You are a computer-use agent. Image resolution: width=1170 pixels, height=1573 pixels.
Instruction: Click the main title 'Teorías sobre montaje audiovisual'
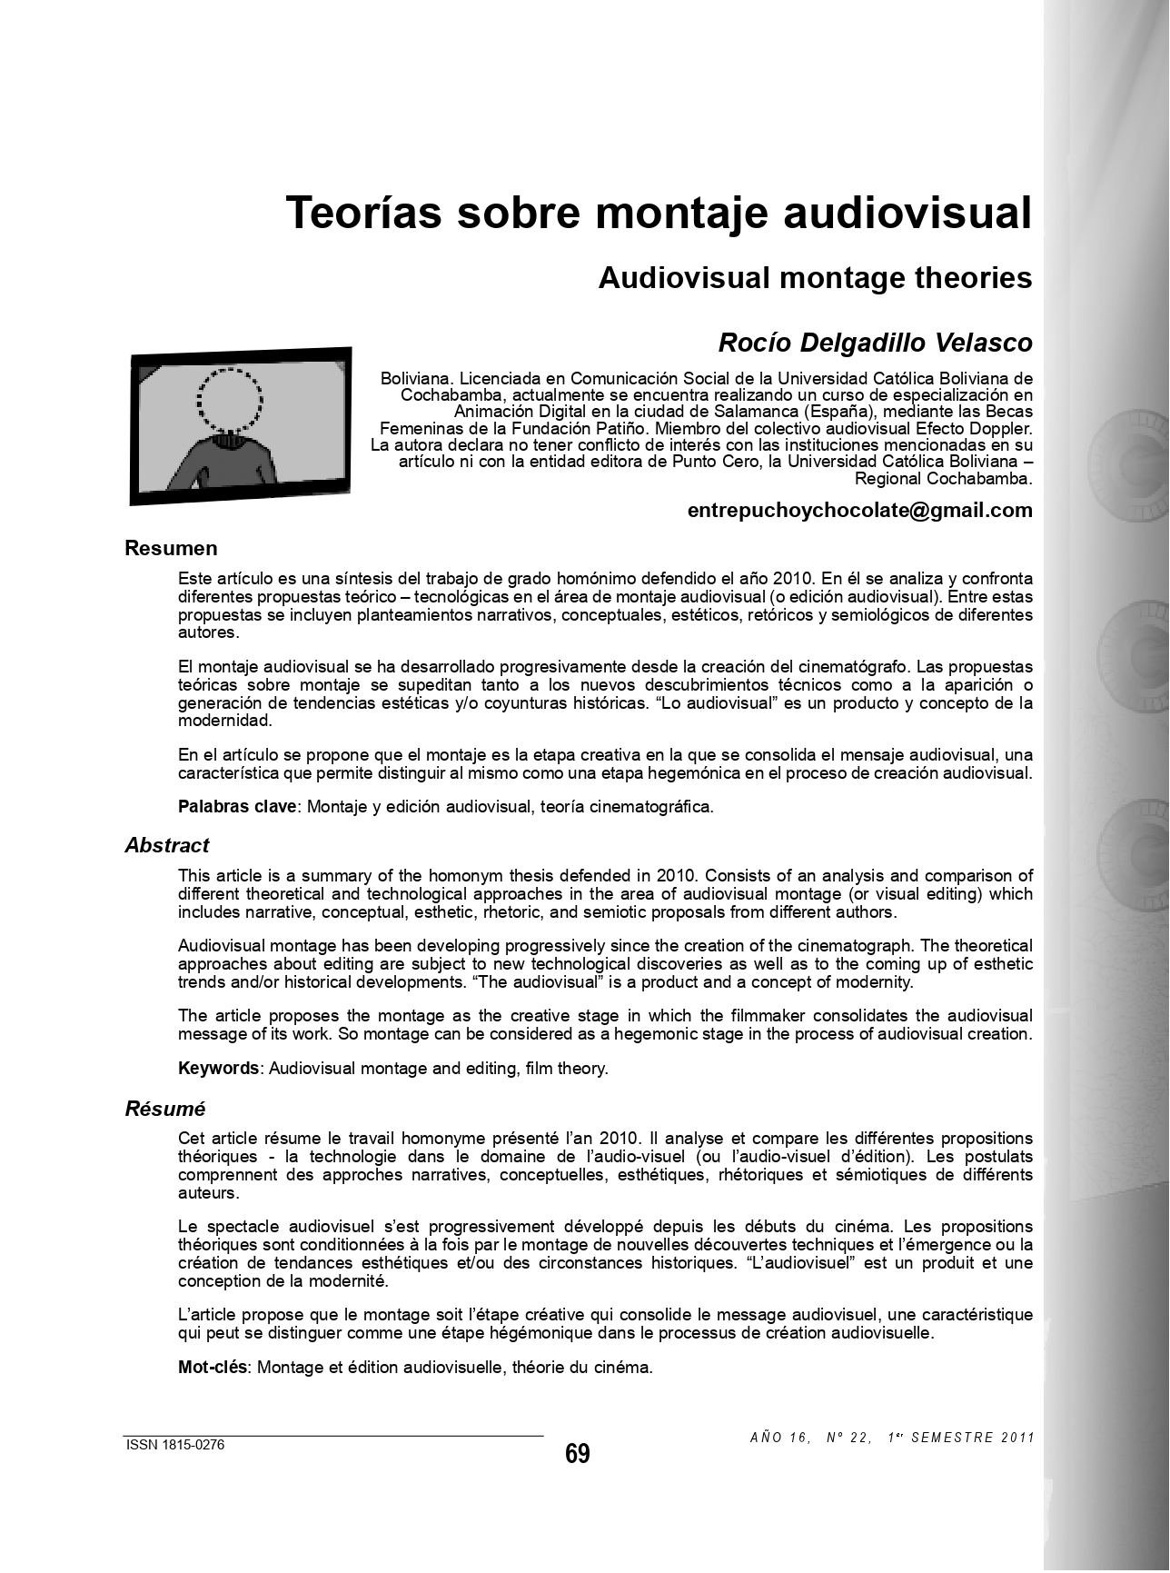(x=659, y=213)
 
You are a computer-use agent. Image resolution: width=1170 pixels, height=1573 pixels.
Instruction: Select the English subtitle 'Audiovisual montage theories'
(x=815, y=278)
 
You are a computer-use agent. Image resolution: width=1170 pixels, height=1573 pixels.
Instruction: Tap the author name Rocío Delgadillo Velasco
(x=875, y=343)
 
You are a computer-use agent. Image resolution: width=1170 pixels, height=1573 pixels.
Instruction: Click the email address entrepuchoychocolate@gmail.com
(x=859, y=510)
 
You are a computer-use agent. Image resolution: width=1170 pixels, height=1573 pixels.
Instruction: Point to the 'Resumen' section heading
(x=171, y=548)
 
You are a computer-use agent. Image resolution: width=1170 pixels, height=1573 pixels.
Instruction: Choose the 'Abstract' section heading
(x=166, y=845)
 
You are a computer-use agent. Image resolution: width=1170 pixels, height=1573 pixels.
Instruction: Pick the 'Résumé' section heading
(x=164, y=1109)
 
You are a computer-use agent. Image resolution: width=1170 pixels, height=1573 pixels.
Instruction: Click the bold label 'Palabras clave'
(x=237, y=806)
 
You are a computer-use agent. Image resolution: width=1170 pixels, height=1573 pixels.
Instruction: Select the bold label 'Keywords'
(x=218, y=1069)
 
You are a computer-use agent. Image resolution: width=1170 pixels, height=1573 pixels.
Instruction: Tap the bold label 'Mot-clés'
(x=213, y=1368)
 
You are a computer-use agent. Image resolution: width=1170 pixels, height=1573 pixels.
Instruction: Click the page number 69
(x=577, y=1454)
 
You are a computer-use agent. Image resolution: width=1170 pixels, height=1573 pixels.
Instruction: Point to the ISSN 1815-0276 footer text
(x=174, y=1445)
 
